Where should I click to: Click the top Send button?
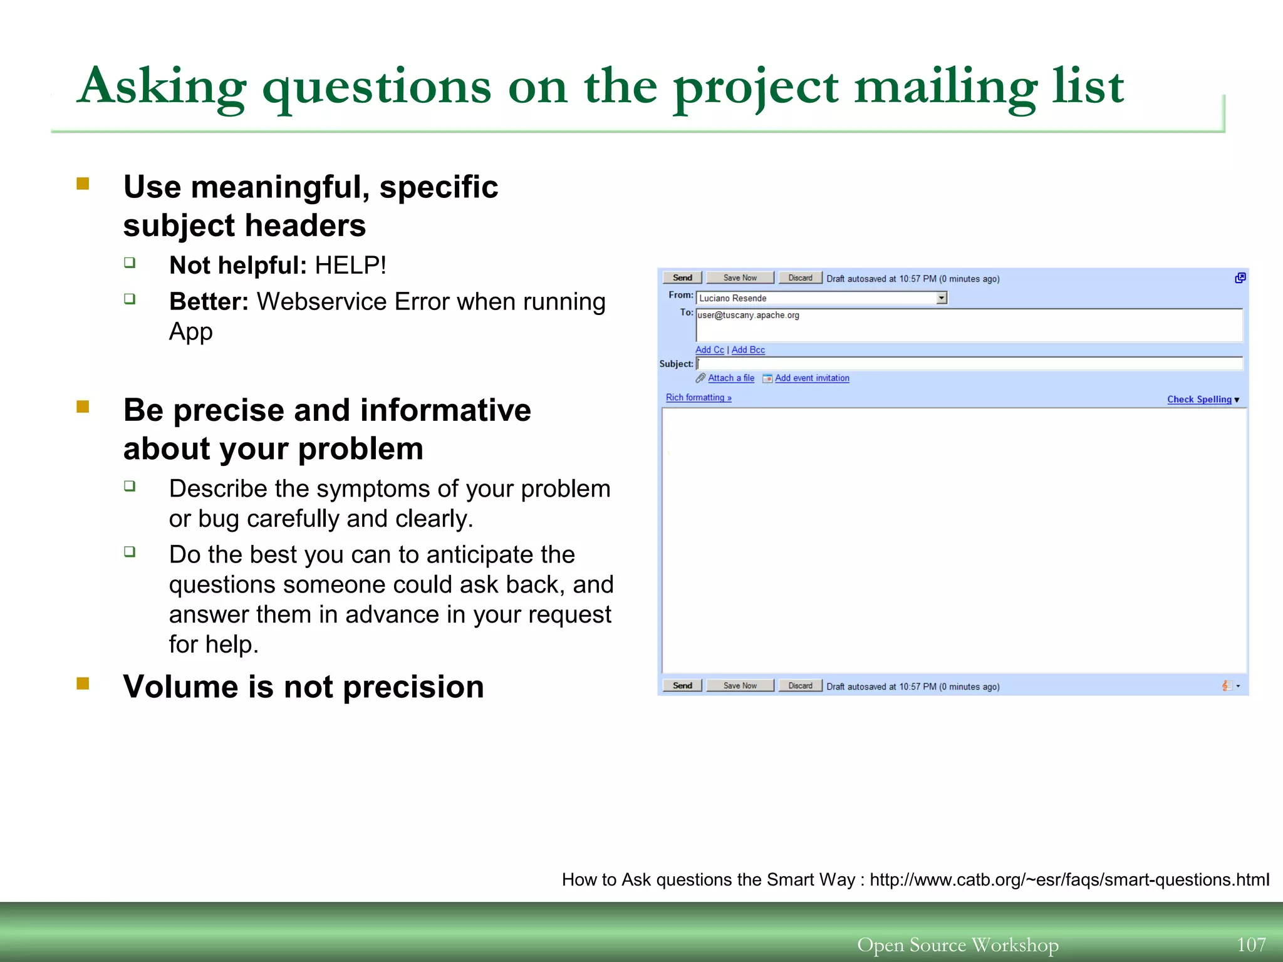[682, 278]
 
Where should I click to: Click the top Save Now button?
[740, 278]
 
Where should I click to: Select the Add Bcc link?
[748, 350]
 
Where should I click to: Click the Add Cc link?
[709, 350]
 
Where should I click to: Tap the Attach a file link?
[730, 378]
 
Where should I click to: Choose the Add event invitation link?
[812, 378]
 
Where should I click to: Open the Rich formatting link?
[698, 398]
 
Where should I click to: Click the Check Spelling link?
[1198, 400]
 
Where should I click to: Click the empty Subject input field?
[969, 364]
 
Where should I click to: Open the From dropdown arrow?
[942, 298]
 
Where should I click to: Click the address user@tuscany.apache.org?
[748, 315]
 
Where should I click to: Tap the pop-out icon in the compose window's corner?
[1240, 278]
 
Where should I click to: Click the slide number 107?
[1251, 944]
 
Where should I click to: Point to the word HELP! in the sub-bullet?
[350, 266]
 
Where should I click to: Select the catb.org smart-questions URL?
[1069, 880]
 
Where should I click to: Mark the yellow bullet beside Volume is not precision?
[83, 683]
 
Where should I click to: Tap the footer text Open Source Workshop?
[957, 944]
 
